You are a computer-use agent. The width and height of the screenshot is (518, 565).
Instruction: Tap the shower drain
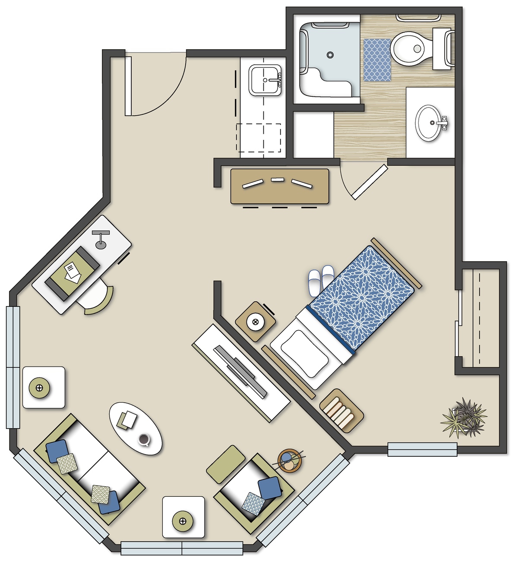coord(330,55)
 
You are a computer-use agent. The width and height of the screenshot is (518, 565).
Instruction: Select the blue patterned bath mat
coord(377,60)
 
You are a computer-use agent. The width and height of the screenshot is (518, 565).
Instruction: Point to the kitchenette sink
coord(265,79)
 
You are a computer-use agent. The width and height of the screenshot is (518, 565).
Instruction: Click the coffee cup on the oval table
coord(144,439)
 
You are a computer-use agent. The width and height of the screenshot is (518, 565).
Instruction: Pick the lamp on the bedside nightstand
coord(255,322)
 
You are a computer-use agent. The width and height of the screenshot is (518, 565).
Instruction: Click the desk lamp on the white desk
coord(101,240)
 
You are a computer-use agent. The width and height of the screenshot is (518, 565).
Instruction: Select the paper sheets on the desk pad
coord(72,273)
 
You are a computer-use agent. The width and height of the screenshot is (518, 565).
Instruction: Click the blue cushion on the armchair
coord(270,487)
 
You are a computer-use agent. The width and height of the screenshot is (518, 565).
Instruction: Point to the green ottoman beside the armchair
coord(226,464)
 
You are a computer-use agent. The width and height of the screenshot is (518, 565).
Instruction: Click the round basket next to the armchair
coord(290,461)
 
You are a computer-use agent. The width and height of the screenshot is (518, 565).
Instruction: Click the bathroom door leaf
coord(370,182)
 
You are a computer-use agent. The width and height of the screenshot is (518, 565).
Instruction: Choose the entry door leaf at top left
coord(128,86)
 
